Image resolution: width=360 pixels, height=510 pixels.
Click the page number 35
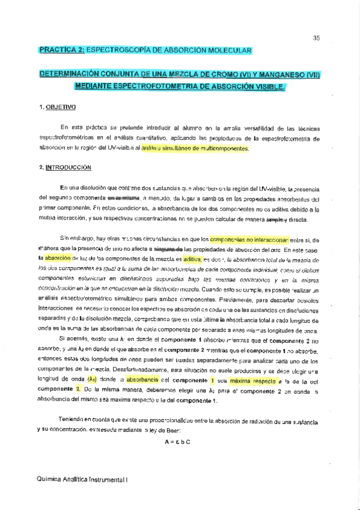point(317,38)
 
